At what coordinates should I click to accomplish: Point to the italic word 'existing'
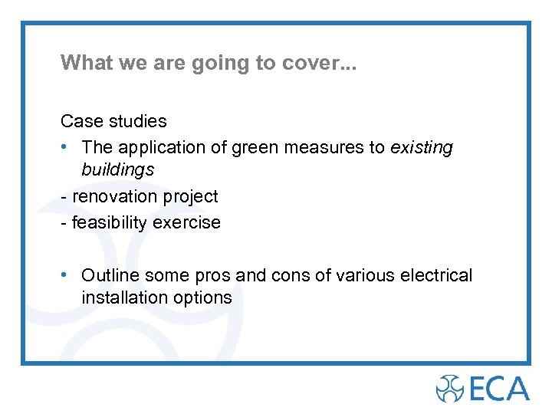pyautogui.click(x=422, y=147)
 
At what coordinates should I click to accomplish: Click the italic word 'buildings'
pyautogui.click(x=118, y=169)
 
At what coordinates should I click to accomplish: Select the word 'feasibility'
pyautogui.click(x=109, y=223)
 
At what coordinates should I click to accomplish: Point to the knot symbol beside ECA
pyautogui.click(x=449, y=388)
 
